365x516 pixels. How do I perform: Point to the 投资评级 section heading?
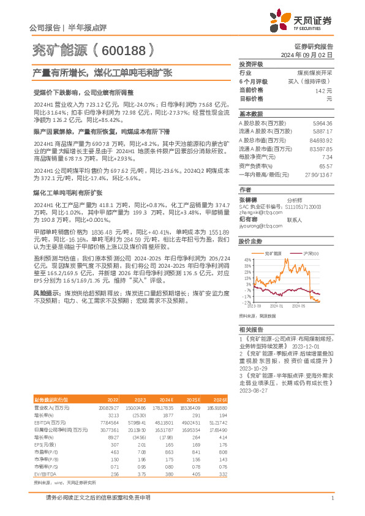(x=251, y=64)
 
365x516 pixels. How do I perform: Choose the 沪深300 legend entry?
(x=303, y=252)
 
